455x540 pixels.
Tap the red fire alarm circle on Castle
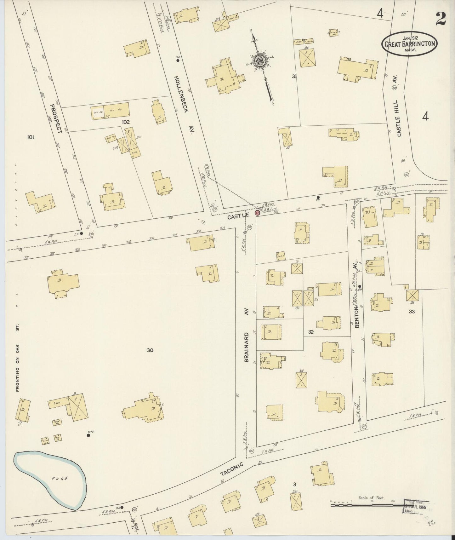pyautogui.click(x=257, y=213)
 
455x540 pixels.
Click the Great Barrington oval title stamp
pyautogui.click(x=409, y=44)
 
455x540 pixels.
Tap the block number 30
pyautogui.click(x=150, y=350)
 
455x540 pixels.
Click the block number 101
pyautogui.click(x=31, y=137)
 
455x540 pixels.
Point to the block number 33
pyautogui.click(x=412, y=312)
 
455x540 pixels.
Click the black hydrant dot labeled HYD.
pyautogui.click(x=88, y=436)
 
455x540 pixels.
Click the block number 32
pyautogui.click(x=311, y=332)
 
